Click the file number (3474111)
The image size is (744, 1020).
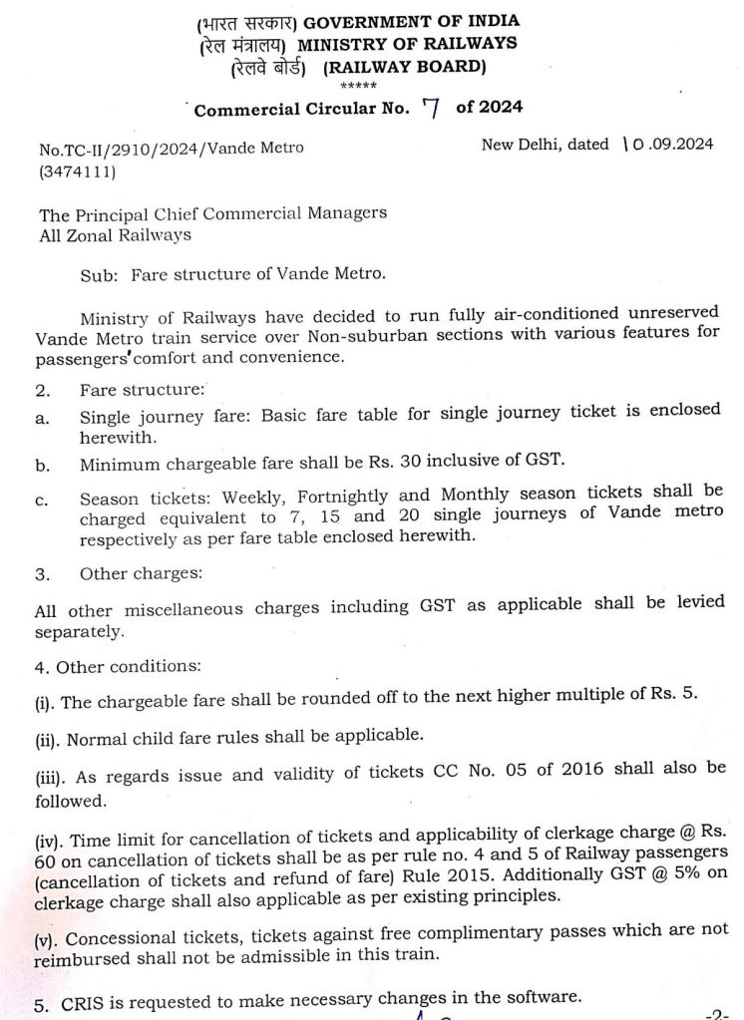76,171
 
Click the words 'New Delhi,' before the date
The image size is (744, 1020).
521,145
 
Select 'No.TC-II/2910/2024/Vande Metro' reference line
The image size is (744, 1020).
171,149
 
